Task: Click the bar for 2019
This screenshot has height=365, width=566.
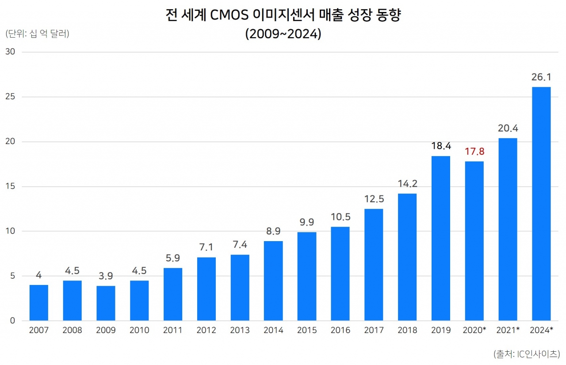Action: (441, 238)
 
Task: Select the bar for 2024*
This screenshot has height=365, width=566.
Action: (541, 204)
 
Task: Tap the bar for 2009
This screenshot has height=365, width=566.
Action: (106, 303)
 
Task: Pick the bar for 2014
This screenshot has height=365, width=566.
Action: (273, 280)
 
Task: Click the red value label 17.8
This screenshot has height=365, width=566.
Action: (474, 152)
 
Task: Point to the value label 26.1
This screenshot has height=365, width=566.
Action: (541, 77)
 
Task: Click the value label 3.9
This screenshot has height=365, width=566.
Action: (106, 276)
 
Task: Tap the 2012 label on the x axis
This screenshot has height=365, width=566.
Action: (207, 330)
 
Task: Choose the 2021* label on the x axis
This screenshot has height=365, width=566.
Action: (508, 330)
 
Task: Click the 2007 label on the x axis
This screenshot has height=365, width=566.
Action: (39, 330)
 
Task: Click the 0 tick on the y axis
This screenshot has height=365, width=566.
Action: (12, 321)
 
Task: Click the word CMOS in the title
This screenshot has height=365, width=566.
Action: (229, 16)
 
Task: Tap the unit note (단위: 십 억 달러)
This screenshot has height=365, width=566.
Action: (37, 34)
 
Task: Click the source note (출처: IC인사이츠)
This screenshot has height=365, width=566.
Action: (527, 353)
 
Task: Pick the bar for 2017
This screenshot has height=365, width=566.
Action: (374, 265)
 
